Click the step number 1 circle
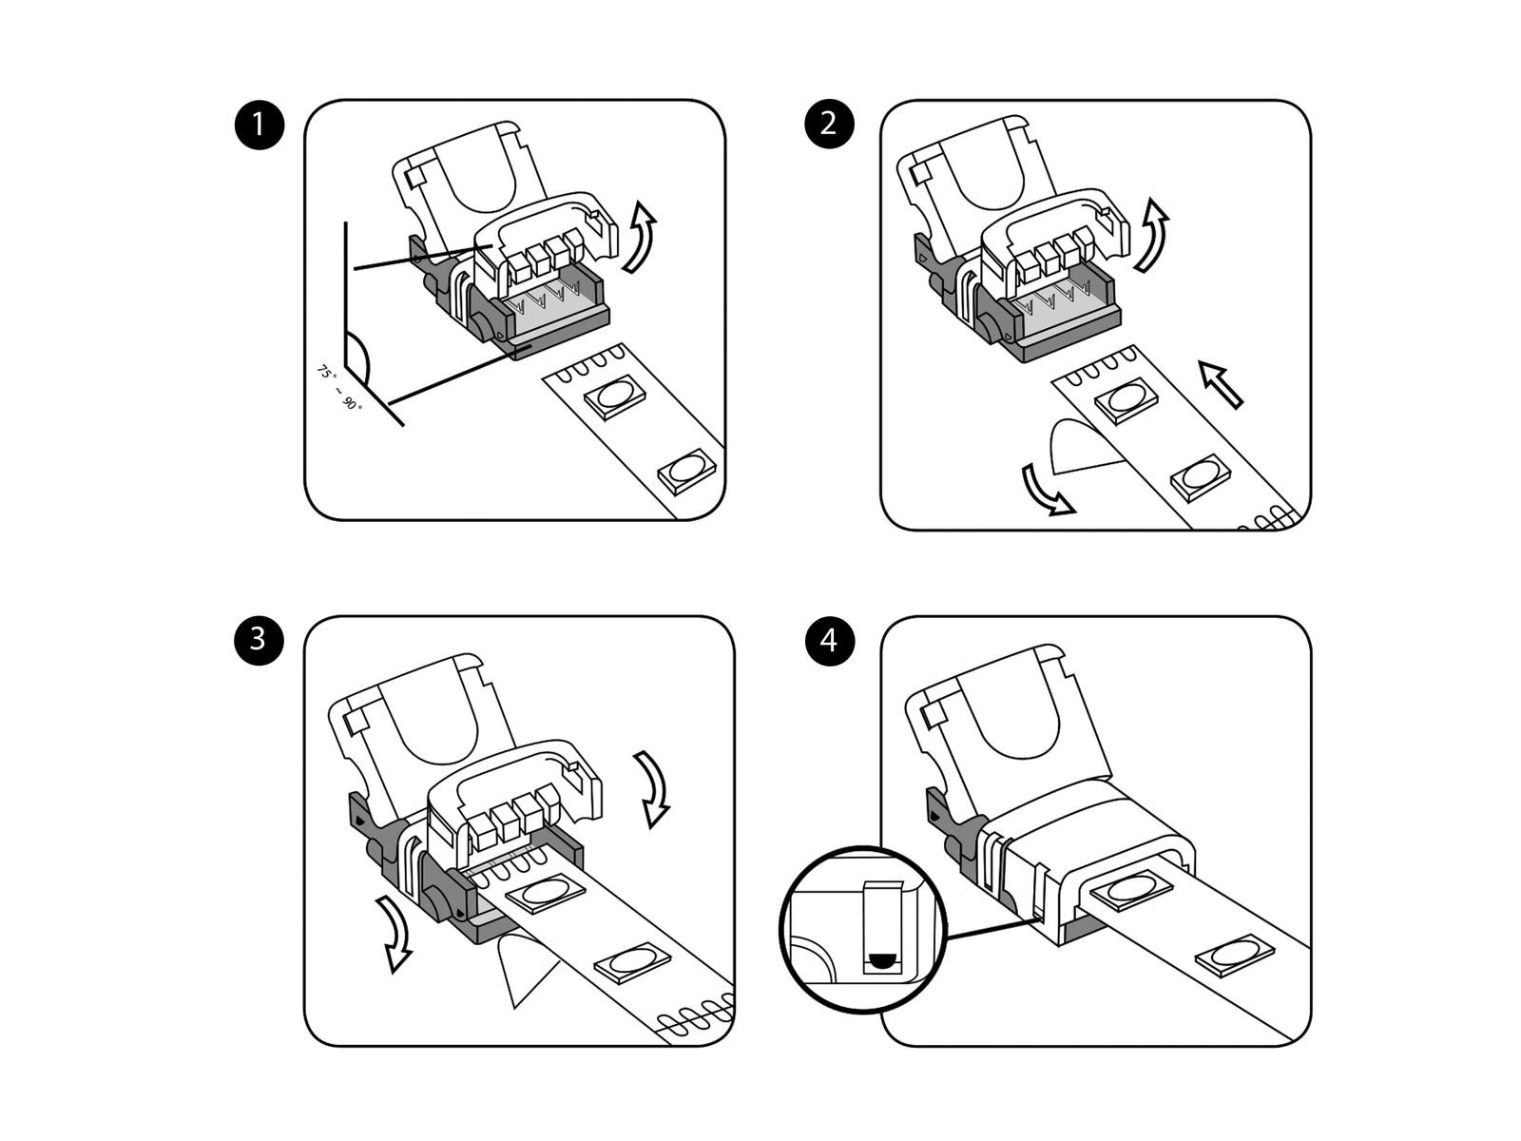click(x=259, y=125)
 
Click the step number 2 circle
click(x=829, y=125)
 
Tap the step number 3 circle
click(x=259, y=639)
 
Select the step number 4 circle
click(x=829, y=641)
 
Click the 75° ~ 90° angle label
click(x=339, y=388)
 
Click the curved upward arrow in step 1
click(x=641, y=238)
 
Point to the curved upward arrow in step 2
click(x=1152, y=236)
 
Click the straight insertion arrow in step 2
click(x=1222, y=384)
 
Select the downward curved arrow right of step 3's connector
click(x=653, y=788)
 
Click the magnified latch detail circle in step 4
click(x=862, y=929)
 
